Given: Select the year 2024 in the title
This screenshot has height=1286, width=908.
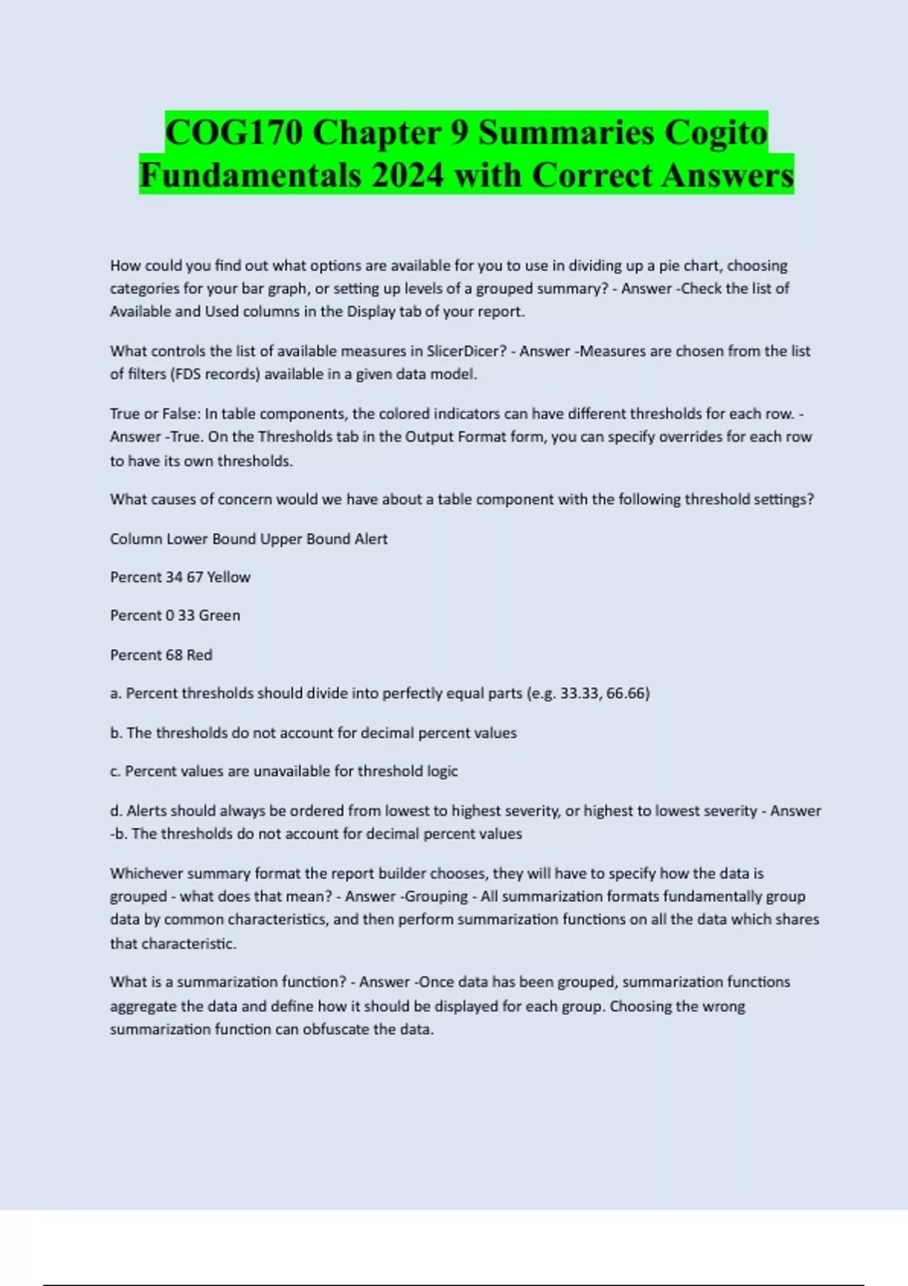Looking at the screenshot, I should click(x=407, y=176).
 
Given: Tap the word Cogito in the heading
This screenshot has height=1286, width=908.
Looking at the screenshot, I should click(x=716, y=132).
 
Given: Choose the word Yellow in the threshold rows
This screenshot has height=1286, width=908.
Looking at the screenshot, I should click(x=229, y=577).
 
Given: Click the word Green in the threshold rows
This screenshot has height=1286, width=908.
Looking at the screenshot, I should click(x=219, y=616).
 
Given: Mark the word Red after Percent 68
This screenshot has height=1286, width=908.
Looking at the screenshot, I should click(x=199, y=655).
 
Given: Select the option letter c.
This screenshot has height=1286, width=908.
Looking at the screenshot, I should click(x=115, y=772).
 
